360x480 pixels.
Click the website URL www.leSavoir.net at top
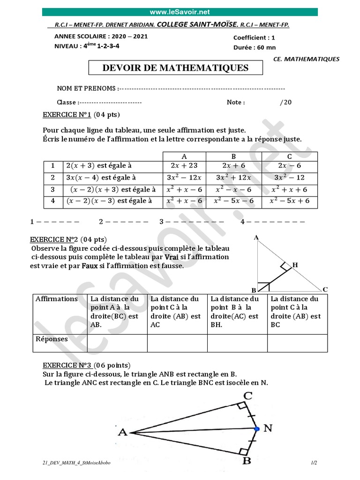(x=180, y=12)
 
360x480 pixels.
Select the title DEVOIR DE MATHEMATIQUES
(x=176, y=68)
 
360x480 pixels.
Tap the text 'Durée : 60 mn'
(x=255, y=47)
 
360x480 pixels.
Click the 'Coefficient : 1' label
(x=254, y=37)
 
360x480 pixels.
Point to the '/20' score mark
(x=285, y=102)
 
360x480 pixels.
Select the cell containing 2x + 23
(x=184, y=165)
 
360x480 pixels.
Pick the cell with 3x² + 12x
(x=233, y=178)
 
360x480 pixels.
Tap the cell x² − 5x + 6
(x=289, y=201)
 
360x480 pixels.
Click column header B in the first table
(x=233, y=157)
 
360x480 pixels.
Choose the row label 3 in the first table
(x=53, y=189)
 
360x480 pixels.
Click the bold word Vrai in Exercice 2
(x=170, y=257)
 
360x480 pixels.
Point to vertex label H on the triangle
(x=295, y=265)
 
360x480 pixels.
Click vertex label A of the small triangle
(x=256, y=238)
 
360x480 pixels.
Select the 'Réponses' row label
(x=52, y=339)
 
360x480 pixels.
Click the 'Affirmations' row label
(x=57, y=299)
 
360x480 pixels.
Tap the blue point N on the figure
(x=256, y=428)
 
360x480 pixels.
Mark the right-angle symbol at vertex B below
(x=243, y=452)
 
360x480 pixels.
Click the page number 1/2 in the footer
(x=314, y=463)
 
